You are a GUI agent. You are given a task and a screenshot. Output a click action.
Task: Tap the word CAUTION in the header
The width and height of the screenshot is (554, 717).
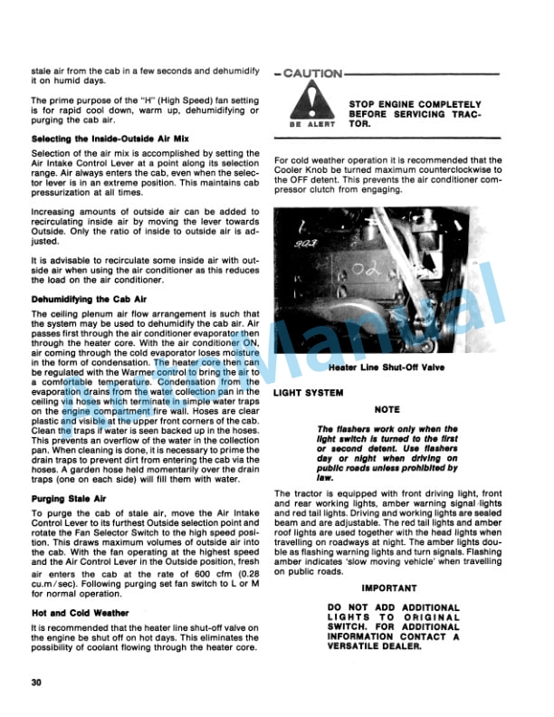click(312, 73)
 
